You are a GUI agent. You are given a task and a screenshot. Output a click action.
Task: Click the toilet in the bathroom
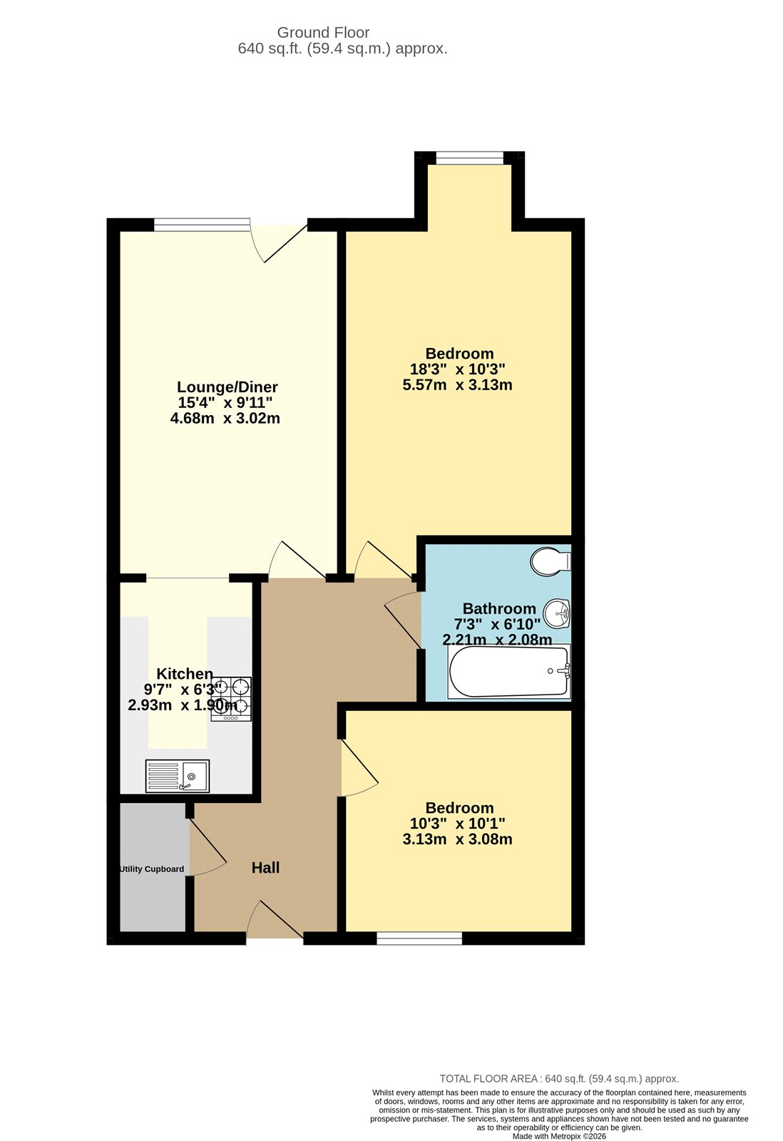pos(550,561)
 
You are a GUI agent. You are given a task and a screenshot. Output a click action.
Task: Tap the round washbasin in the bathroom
pos(557,613)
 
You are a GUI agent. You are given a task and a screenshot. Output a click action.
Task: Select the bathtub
pos(508,671)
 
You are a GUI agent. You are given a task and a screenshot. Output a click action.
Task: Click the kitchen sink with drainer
pos(178,776)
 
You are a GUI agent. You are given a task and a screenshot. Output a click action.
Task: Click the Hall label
pos(265,868)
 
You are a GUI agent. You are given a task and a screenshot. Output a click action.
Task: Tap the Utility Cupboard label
pos(151,869)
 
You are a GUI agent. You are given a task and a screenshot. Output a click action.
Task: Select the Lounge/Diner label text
pos(227,387)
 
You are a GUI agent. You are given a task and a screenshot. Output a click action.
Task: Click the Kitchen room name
pos(185,674)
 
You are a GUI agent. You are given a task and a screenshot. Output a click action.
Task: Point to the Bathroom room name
pos(499,608)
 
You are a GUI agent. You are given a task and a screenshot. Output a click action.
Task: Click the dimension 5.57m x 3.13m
pos(457,385)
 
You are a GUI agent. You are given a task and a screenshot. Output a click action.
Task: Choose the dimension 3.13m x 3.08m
pos(457,839)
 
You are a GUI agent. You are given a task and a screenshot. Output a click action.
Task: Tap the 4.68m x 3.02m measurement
pos(225,419)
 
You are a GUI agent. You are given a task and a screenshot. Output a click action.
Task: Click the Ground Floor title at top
pos(323,33)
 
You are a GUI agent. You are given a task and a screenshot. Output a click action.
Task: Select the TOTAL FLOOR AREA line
pos(559,1079)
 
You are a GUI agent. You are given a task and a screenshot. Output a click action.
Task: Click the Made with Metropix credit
pos(559,1137)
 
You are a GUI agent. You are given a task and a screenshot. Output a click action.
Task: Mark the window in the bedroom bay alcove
pos(469,158)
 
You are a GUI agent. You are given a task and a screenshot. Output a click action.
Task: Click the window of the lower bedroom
pos(419,938)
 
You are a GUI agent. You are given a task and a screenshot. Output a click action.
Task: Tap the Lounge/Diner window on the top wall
pos(202,225)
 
